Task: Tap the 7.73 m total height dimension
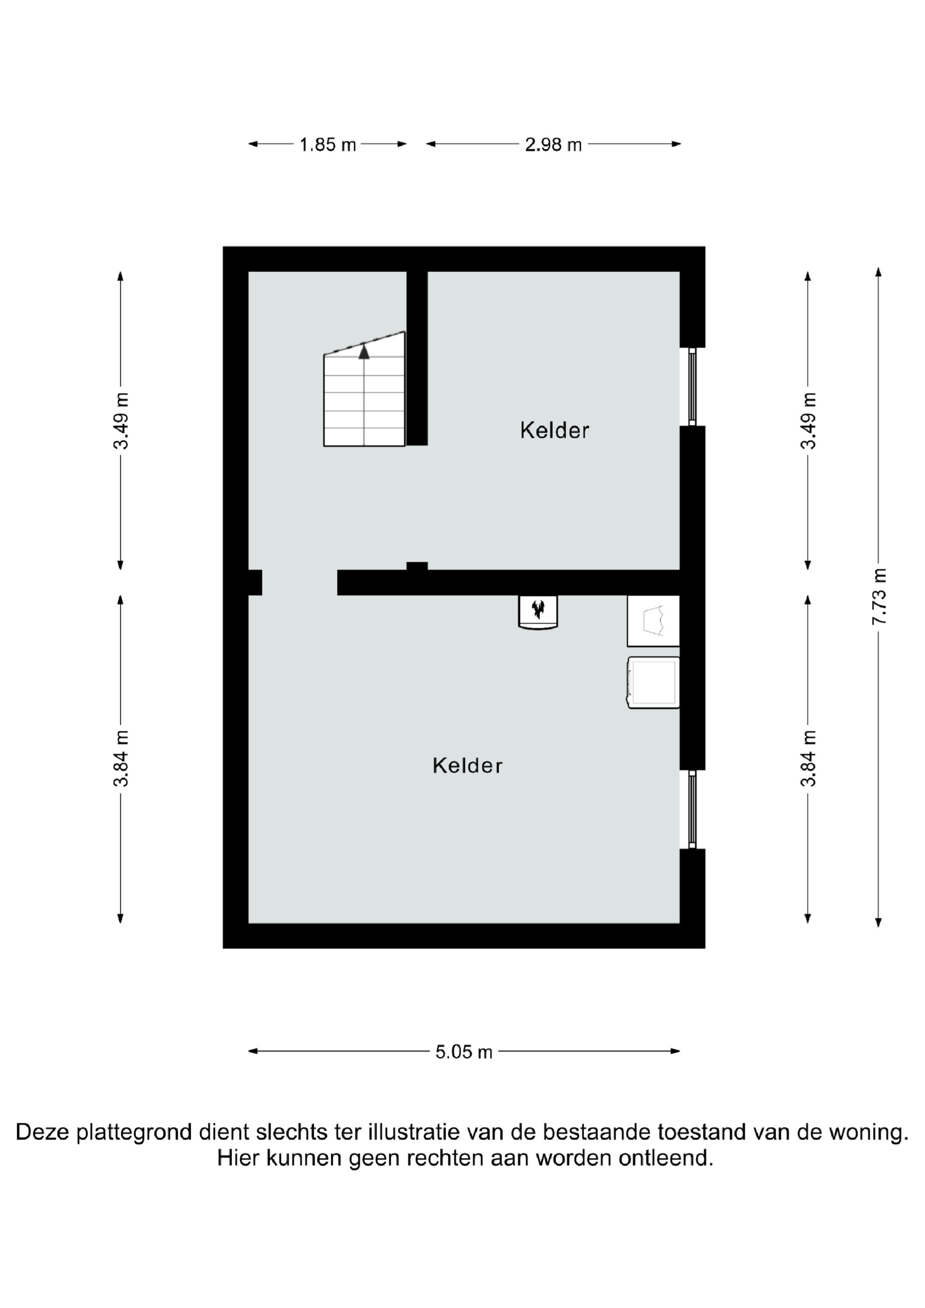pyautogui.click(x=879, y=596)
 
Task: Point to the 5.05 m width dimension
pyautogui.click(x=463, y=1052)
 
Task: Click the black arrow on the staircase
pyautogui.click(x=364, y=352)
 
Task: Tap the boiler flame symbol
pyautogui.click(x=538, y=609)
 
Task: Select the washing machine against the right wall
pyautogui.click(x=653, y=683)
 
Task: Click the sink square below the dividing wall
pyautogui.click(x=653, y=621)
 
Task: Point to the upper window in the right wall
pyautogui.click(x=692, y=387)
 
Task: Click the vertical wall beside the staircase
pyautogui.click(x=417, y=358)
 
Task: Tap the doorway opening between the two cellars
pyautogui.click(x=300, y=582)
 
